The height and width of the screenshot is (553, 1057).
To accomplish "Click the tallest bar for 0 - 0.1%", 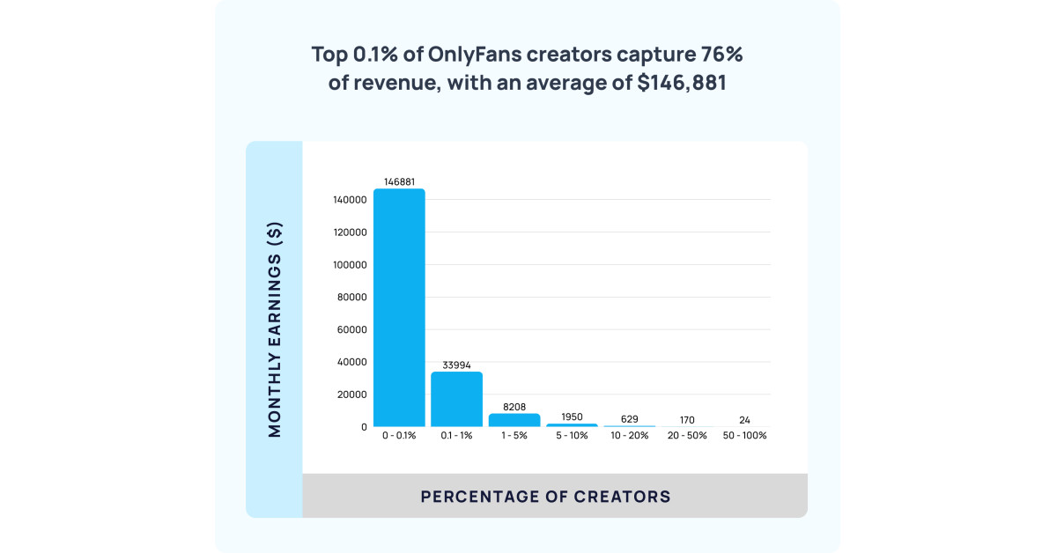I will (399, 307).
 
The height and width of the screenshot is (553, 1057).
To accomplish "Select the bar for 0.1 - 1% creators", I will (456, 399).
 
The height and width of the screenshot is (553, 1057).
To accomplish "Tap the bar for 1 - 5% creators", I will (514, 420).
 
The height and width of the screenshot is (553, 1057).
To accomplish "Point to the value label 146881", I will (399, 181).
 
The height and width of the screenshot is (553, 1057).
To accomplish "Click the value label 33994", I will (456, 365).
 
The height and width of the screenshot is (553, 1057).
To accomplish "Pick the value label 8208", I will (514, 407).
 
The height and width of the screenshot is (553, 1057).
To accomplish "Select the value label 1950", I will (572, 417).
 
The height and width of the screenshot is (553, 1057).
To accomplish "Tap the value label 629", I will (629, 419).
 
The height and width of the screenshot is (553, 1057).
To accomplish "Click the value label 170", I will (686, 420).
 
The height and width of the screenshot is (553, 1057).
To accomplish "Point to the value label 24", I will (744, 420).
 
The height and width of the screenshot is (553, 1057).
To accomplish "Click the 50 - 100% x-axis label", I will (744, 436).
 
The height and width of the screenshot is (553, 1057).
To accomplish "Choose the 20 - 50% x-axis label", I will (686, 436).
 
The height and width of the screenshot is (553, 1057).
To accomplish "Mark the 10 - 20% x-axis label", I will (629, 436).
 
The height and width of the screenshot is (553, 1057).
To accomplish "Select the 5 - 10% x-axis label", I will (572, 436).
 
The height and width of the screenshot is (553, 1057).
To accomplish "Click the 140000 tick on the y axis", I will (350, 200).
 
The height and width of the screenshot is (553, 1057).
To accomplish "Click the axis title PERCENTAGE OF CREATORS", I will (545, 497).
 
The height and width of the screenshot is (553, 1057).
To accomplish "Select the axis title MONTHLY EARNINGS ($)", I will (274, 329).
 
